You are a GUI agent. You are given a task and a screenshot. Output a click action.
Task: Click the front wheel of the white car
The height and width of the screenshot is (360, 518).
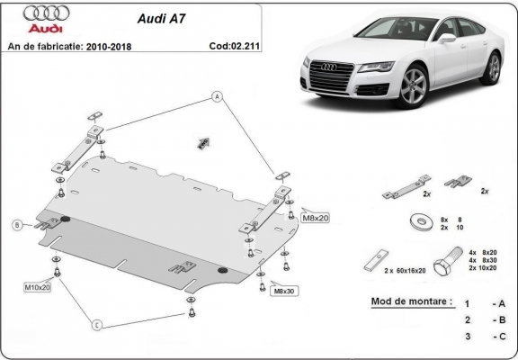415,89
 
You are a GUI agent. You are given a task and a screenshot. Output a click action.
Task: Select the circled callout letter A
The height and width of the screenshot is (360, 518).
217,95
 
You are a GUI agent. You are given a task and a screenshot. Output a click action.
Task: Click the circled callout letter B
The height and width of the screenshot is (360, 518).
16,224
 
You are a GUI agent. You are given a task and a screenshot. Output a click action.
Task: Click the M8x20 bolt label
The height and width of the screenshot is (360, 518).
316,217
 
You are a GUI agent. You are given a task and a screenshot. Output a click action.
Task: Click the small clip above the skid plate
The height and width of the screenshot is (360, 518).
203,140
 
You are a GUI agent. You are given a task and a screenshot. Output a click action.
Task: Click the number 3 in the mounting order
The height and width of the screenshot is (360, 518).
467,336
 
